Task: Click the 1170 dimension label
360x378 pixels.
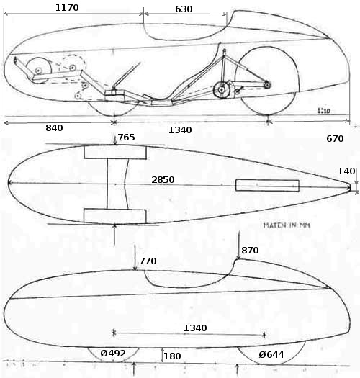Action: tap(67, 8)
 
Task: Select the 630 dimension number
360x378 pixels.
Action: tap(184, 9)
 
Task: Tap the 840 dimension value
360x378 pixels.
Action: tap(54, 128)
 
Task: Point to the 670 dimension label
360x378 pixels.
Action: tap(335, 139)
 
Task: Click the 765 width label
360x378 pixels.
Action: tap(126, 138)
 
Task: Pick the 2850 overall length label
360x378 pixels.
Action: tap(163, 180)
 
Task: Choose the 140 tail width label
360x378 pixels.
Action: tap(346, 171)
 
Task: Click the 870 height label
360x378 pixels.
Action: tap(250, 251)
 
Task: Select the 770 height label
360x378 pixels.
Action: tap(148, 261)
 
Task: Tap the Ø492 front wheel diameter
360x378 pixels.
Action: tap(113, 354)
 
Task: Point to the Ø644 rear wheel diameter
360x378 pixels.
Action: tap(271, 355)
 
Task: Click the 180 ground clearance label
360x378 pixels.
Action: tap(172, 356)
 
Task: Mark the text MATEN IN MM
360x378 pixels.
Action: tap(287, 225)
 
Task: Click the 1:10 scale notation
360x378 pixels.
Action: tap(324, 111)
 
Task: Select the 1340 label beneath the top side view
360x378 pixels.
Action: tap(180, 130)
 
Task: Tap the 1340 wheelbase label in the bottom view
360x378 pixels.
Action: tap(195, 328)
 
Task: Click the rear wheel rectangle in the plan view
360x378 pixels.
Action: tap(267, 185)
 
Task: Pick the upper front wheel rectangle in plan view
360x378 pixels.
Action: tap(115, 153)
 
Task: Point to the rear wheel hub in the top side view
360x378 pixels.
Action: tap(267, 85)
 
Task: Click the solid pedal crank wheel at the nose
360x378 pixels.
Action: tap(39, 71)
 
